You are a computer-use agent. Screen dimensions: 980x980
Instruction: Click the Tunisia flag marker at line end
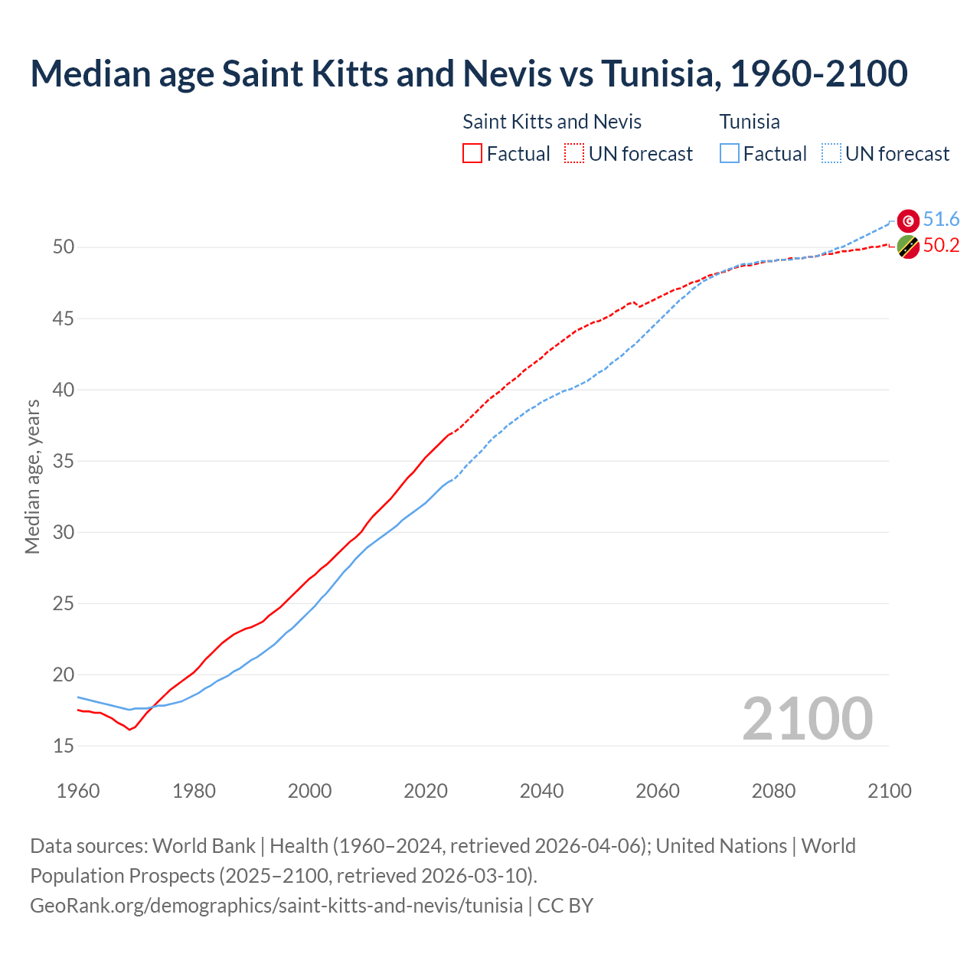908,220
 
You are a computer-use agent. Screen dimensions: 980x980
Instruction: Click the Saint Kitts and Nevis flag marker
908,247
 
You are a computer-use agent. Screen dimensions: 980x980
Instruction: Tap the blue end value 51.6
941,220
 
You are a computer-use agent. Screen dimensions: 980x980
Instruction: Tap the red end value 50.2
941,246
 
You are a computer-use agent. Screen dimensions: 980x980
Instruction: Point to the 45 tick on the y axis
64,318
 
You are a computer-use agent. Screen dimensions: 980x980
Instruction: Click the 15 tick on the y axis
64,746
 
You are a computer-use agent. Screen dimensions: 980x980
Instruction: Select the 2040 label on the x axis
541,791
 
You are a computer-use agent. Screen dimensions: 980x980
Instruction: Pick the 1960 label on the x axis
78,791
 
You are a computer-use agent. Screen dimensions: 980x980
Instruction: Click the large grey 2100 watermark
807,719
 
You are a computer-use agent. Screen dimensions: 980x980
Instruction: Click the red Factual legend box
472,154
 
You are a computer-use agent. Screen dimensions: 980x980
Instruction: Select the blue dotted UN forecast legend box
831,154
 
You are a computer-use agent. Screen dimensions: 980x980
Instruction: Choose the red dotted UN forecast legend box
574,154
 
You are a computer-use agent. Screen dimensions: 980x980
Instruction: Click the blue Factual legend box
730,154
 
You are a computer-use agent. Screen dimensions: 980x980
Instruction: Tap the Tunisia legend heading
750,122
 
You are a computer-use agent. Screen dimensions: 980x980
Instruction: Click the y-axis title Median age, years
32,476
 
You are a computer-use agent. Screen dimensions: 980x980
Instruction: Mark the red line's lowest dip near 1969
129,729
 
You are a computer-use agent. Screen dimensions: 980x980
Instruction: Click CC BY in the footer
565,906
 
